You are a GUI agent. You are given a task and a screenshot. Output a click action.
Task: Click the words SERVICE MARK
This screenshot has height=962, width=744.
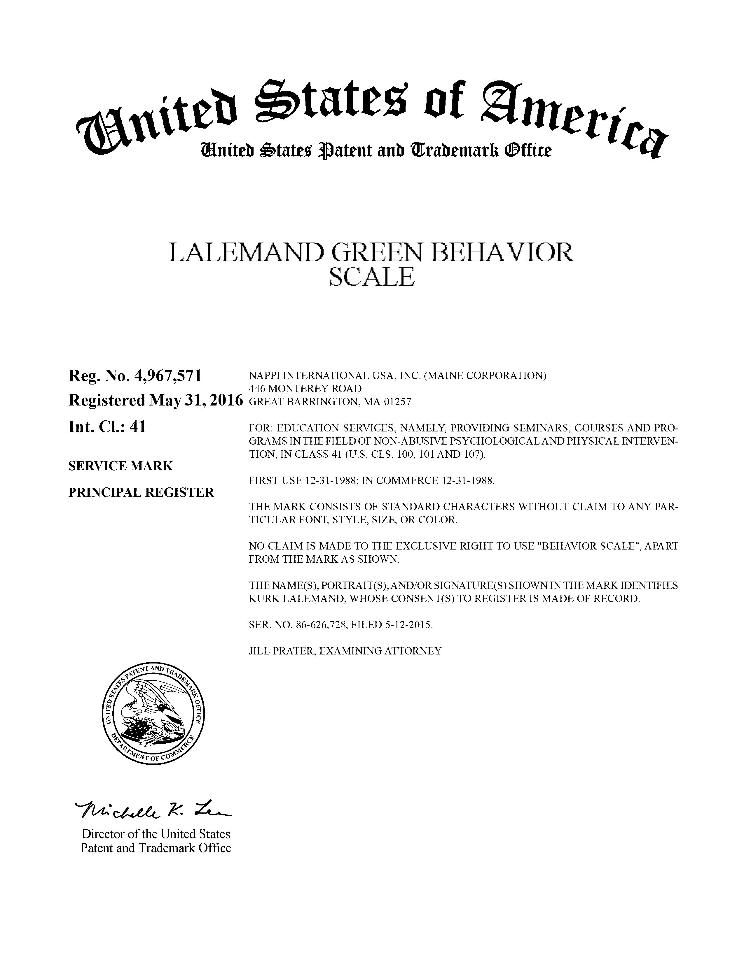[120, 466]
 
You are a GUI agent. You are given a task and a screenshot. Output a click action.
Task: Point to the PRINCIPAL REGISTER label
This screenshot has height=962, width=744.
[141, 492]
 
